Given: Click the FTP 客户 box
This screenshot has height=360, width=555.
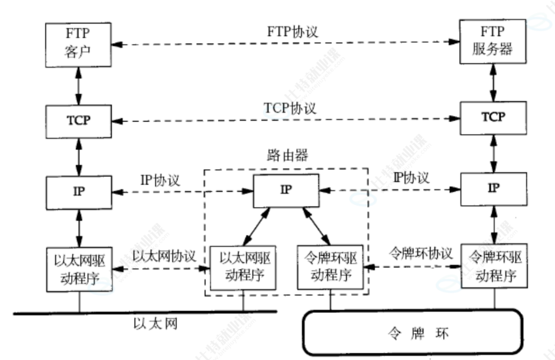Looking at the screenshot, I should [78, 45].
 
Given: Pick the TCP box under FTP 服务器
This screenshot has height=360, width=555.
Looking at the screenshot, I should [493, 117].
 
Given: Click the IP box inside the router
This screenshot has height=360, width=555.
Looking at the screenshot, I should [287, 191].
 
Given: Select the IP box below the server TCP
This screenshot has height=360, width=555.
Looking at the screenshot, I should [493, 189].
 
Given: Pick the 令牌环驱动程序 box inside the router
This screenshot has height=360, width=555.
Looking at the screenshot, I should [330, 268].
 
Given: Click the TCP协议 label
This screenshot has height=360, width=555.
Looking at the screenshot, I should [290, 108].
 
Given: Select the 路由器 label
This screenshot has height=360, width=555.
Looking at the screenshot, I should [287, 156].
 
